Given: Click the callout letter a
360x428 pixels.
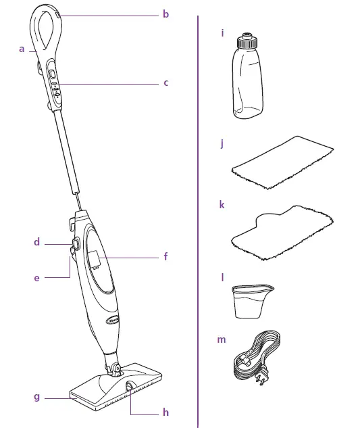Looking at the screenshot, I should click(x=22, y=49).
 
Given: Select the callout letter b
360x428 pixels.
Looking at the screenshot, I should click(x=165, y=14).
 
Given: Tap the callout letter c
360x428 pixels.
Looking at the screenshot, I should click(x=165, y=83).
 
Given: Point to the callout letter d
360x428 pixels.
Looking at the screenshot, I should click(x=37, y=242).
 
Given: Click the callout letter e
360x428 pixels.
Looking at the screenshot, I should click(x=37, y=277).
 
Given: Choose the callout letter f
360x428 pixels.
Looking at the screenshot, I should click(x=165, y=257).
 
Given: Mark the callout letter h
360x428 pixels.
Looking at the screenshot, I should click(x=165, y=412).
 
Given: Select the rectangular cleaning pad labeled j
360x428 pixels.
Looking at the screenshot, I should click(x=284, y=162).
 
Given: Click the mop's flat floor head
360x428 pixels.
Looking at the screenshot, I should click(x=115, y=389).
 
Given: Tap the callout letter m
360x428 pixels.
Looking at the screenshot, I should click(x=222, y=339).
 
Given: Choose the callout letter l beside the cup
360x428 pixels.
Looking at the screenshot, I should click(x=222, y=278).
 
